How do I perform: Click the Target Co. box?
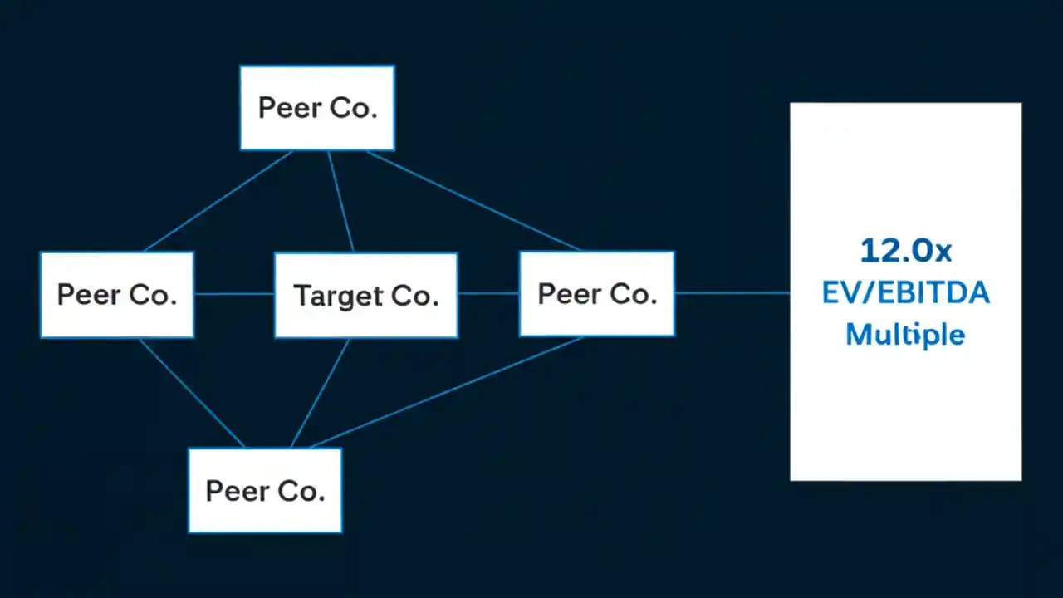[365, 296]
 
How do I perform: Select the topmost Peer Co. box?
[317, 108]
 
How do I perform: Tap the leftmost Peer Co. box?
[117, 295]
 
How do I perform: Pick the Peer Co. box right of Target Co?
[596, 294]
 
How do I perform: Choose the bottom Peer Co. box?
[265, 490]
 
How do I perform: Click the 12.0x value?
[905, 250]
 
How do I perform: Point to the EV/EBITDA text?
[905, 293]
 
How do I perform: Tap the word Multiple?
[905, 335]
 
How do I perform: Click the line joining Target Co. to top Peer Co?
[340, 202]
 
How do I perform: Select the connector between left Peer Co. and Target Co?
[234, 293]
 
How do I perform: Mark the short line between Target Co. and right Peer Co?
[488, 293]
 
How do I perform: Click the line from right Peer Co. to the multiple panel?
[732, 292]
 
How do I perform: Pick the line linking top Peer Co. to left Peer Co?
[218, 201]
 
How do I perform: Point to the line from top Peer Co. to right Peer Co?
[473, 200]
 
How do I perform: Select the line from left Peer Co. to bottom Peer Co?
[192, 393]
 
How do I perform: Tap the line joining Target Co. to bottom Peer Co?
[320, 393]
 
